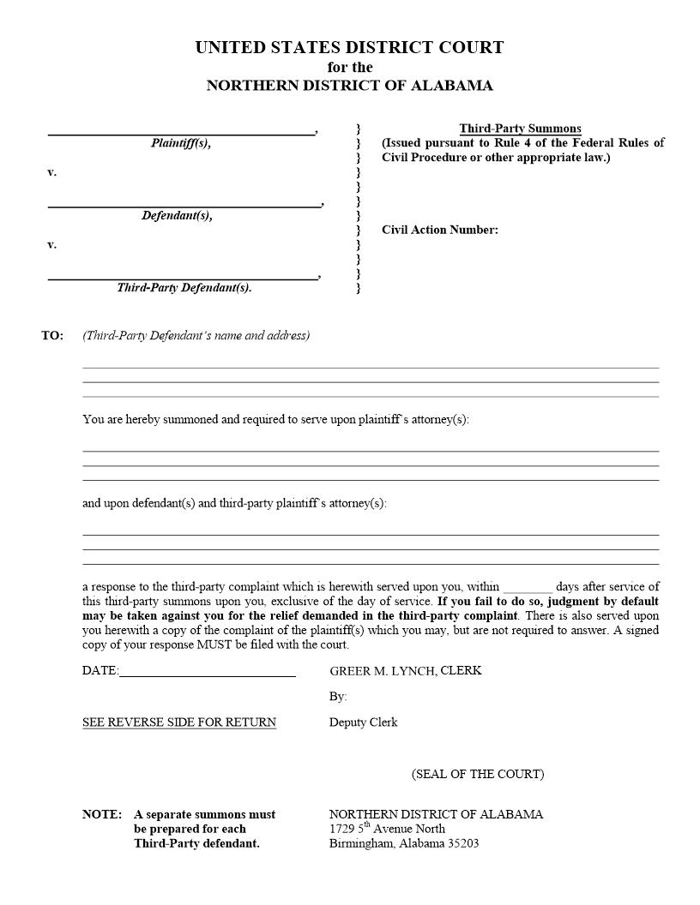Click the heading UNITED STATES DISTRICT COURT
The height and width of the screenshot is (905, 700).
[349, 48]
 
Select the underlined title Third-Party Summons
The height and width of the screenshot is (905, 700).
[520, 129]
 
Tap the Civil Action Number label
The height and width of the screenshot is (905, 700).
[439, 230]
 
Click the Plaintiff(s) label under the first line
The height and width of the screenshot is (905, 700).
[181, 143]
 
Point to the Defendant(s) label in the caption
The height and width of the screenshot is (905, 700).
[177, 216]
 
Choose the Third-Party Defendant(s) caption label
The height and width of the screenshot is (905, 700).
[184, 288]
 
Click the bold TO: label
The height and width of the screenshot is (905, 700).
[52, 335]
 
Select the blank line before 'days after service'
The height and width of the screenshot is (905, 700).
[528, 590]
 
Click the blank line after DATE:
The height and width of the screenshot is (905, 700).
[207, 674]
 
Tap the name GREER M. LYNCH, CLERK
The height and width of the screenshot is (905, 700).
[405, 671]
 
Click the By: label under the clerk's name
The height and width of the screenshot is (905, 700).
[337, 697]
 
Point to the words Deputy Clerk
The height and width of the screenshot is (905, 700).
[363, 722]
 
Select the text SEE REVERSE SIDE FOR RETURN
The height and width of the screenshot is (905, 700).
[179, 722]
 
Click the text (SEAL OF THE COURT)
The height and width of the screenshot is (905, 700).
[477, 774]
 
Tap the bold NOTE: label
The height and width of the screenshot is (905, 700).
[101, 814]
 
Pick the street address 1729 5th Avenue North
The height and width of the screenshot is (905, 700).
[387, 829]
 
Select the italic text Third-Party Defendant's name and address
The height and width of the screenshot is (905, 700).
[196, 335]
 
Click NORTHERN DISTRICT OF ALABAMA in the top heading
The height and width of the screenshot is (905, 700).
[349, 86]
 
